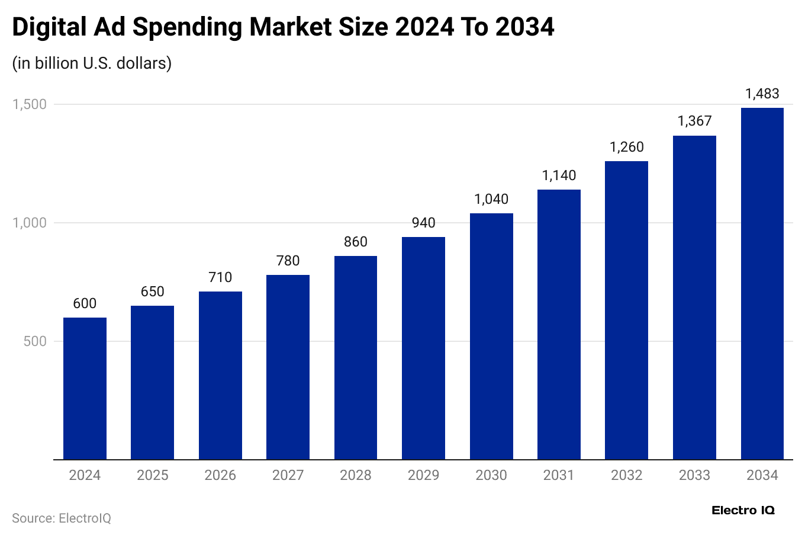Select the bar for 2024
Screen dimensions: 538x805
(85, 389)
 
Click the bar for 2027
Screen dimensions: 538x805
(288, 367)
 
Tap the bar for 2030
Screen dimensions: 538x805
(491, 337)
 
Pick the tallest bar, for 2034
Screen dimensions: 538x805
(762, 284)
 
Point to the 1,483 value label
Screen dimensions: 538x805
(762, 94)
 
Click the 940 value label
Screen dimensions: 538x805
(423, 223)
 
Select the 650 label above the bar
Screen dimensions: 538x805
(152, 292)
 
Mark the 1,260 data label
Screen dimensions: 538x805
(626, 147)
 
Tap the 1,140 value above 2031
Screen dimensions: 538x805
(559, 175)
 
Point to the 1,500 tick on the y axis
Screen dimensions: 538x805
(30, 104)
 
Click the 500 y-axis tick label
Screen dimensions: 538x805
(35, 341)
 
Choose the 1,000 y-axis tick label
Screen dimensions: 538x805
(30, 223)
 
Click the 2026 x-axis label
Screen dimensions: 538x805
(220, 475)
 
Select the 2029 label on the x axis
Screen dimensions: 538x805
(423, 475)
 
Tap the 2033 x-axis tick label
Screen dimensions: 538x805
(694, 475)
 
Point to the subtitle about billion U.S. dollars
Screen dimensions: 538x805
(92, 63)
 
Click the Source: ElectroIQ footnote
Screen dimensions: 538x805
(62, 518)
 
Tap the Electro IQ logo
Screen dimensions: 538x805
(743, 510)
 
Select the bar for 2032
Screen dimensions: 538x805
(626, 310)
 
